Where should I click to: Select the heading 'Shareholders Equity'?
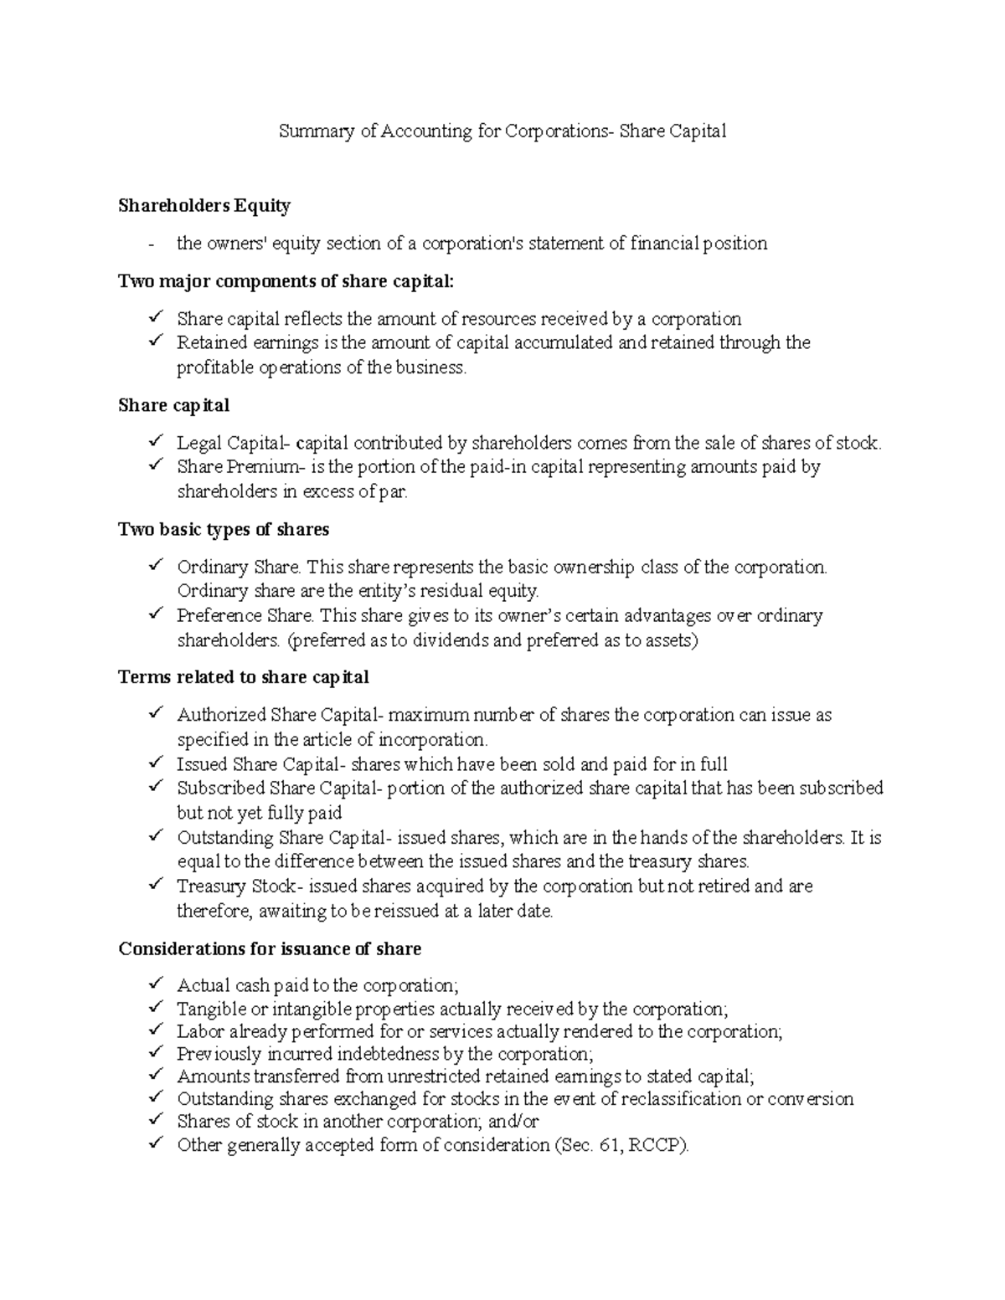pyautogui.click(x=204, y=206)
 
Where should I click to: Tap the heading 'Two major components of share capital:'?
pyautogui.click(x=286, y=281)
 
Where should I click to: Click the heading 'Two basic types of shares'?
pyautogui.click(x=224, y=530)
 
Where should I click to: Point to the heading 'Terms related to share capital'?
pyautogui.click(x=244, y=677)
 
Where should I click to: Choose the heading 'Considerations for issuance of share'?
pyautogui.click(x=270, y=949)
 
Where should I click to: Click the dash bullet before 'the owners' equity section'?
pyautogui.click(x=150, y=244)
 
